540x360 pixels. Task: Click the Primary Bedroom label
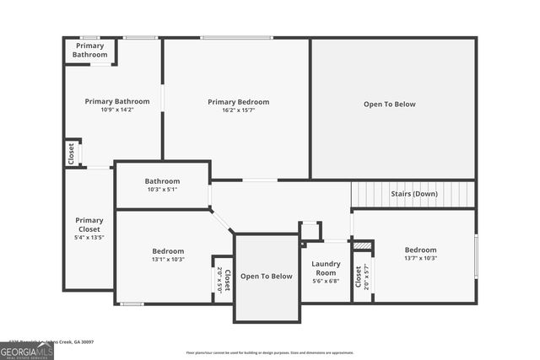[x=239, y=102]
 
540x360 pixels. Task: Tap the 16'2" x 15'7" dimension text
[x=239, y=110]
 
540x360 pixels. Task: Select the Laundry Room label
[x=326, y=268]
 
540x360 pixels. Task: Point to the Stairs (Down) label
[x=414, y=194]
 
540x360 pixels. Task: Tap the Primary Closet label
[x=89, y=225]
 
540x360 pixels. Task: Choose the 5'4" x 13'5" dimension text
[x=89, y=238]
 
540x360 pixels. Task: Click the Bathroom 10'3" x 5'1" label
[x=162, y=181]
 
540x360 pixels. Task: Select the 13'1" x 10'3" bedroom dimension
[x=169, y=260]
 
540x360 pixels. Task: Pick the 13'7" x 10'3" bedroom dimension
[x=420, y=259]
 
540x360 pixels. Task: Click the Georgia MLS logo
[x=27, y=349]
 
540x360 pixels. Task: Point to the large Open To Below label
[x=390, y=105]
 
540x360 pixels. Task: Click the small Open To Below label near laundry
[x=267, y=277]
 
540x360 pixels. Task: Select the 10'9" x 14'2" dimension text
[x=117, y=110]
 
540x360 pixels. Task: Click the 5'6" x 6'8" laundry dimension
[x=326, y=282]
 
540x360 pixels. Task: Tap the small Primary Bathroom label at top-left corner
[x=90, y=51]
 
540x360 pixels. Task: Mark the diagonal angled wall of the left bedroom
[x=222, y=222]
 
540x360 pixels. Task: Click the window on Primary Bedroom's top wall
[x=236, y=37]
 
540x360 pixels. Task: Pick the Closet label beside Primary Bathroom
[x=71, y=153]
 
